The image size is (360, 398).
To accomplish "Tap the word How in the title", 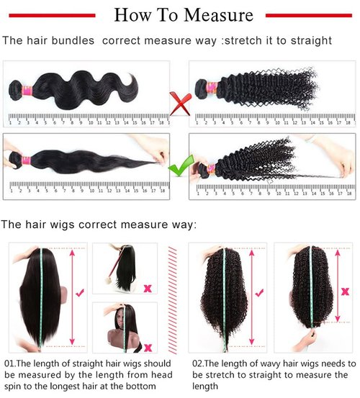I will tap(133, 14).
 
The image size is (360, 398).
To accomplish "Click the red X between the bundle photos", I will tap(179, 102).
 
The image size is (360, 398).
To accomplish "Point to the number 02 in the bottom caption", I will tap(197, 363).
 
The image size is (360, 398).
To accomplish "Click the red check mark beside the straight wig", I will tap(80, 291).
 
